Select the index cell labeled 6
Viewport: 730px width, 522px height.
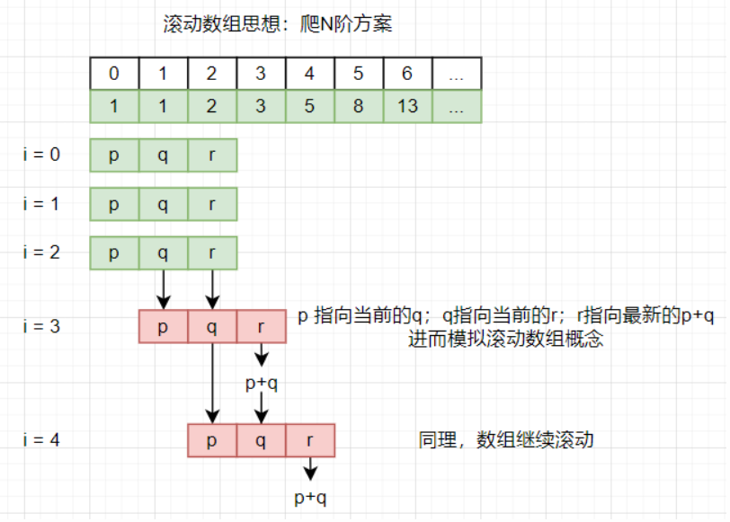(x=407, y=74)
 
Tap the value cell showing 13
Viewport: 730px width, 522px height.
(x=407, y=106)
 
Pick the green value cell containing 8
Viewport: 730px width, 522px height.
(x=359, y=106)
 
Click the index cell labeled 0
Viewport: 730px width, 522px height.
(x=114, y=74)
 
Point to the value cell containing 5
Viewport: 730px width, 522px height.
(x=309, y=106)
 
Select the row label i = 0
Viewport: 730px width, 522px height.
(x=42, y=155)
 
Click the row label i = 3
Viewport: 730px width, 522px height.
(x=42, y=326)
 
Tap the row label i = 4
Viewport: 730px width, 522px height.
(x=42, y=440)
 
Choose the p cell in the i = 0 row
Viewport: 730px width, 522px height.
(x=114, y=155)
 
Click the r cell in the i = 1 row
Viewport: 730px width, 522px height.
(x=212, y=204)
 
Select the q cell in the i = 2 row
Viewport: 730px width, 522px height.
(x=163, y=252)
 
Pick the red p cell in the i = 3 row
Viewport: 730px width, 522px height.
(x=163, y=326)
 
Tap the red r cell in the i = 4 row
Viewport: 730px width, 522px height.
(x=310, y=440)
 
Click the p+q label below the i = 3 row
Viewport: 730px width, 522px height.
(x=262, y=384)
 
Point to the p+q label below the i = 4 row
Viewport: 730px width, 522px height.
(x=310, y=497)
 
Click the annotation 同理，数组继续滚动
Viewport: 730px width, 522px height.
(x=506, y=441)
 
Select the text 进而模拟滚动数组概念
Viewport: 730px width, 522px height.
(x=506, y=339)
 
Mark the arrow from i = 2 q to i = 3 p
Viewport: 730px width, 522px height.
(x=163, y=288)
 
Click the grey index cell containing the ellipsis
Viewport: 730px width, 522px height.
(x=457, y=74)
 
